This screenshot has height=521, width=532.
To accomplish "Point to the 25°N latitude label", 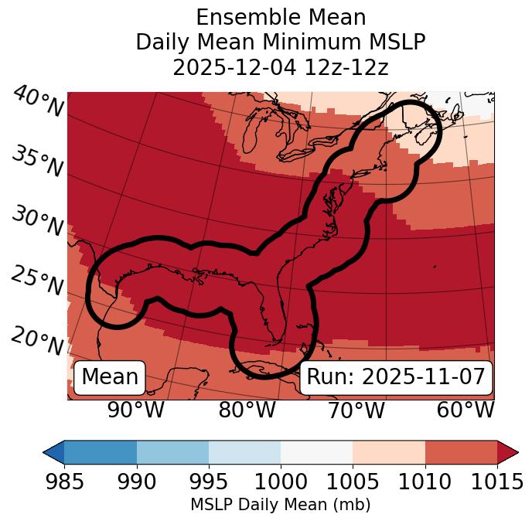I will [x=37, y=281].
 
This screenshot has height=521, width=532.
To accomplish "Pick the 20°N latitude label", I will [x=37, y=341].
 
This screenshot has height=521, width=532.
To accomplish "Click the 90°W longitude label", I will [x=136, y=410].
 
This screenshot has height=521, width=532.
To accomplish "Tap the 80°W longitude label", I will [x=247, y=410].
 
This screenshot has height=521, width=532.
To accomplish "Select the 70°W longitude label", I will [x=356, y=410].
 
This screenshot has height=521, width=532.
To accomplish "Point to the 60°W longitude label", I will [x=465, y=410].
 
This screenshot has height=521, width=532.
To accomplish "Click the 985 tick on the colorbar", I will [x=64, y=482].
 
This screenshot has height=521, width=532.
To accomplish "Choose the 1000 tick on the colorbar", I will [x=281, y=482].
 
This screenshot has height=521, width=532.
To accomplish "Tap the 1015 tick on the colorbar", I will [x=497, y=482].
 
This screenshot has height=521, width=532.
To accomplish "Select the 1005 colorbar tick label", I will [x=353, y=482].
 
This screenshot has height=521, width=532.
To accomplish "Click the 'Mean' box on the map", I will [x=110, y=377].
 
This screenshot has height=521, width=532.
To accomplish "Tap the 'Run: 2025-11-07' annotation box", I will [x=396, y=377].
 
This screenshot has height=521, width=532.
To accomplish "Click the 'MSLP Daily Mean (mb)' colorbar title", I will [x=280, y=505].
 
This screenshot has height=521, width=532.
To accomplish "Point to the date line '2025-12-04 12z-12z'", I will [x=280, y=67].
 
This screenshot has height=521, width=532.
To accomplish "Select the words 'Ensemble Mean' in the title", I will [x=280, y=17].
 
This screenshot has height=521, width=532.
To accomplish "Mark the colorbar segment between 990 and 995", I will [x=172, y=451].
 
